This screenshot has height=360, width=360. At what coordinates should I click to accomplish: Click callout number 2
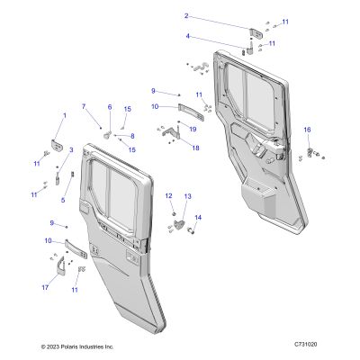[x=186, y=16]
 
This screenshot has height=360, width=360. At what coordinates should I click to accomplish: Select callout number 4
[x=188, y=36]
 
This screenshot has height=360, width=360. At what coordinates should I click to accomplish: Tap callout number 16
[x=308, y=130]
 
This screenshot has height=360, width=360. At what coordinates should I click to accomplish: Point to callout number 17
[x=45, y=288]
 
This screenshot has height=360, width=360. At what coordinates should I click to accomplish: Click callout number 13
[x=187, y=196]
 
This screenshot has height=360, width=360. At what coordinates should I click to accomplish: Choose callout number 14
[x=198, y=218]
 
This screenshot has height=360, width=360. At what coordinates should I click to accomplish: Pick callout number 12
[x=169, y=196]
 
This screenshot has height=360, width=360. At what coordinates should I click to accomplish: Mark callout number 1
[x=64, y=115]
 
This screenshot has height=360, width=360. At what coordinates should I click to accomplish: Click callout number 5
[x=63, y=200]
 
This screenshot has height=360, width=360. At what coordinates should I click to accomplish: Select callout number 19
[x=193, y=129]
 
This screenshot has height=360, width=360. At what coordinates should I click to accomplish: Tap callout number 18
[x=195, y=148]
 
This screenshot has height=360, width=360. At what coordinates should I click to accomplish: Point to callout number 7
[x=84, y=106]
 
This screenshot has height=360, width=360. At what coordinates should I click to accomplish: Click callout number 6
[x=110, y=107]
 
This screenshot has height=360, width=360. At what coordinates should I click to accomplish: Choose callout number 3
[x=71, y=149]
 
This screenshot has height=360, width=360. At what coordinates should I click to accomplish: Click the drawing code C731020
[x=306, y=344]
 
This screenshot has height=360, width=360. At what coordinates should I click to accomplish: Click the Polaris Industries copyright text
[x=77, y=346]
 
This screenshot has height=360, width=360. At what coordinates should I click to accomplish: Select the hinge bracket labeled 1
[x=57, y=145]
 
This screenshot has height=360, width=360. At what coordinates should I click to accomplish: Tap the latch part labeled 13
[x=178, y=224]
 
